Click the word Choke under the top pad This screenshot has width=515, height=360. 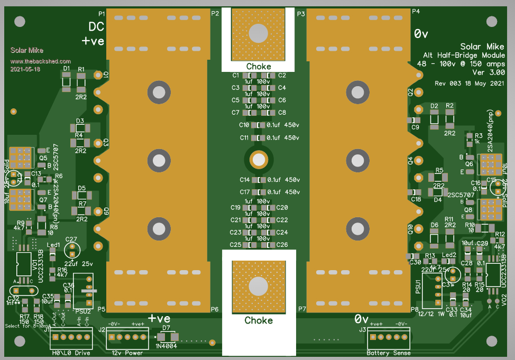coord(259,67)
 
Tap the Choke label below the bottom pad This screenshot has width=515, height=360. coord(259,320)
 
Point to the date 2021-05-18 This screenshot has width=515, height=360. coord(25,69)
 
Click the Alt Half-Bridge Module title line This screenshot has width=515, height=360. coord(464,55)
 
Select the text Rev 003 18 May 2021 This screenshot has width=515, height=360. coord(469,84)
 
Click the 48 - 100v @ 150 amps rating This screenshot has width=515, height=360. coord(461,63)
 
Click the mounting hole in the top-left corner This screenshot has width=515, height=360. coord(20,22)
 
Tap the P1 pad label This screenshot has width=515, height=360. coord(102,13)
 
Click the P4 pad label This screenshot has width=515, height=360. coord(416,12)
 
